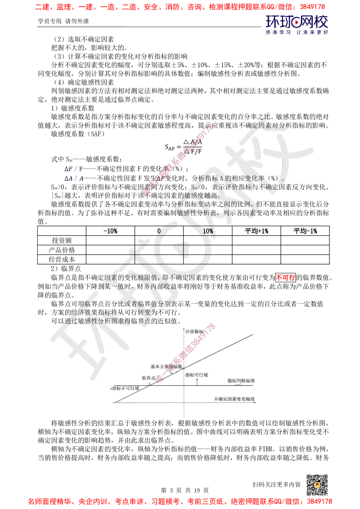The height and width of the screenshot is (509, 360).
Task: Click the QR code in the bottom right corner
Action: click(x=316, y=485)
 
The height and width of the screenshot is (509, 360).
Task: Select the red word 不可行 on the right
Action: click(x=285, y=278)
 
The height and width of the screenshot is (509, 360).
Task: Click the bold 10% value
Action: click(x=208, y=231)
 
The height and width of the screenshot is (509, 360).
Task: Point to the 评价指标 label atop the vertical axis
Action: click(x=196, y=331)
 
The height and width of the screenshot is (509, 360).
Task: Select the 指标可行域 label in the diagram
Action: click(x=197, y=375)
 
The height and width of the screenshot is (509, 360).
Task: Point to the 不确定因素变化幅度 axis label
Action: click(x=234, y=399)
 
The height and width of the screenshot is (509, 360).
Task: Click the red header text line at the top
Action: click(x=180, y=6)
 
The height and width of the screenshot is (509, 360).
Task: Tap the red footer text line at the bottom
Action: click(x=180, y=501)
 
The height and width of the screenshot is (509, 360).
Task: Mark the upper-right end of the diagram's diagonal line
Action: click(x=253, y=334)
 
